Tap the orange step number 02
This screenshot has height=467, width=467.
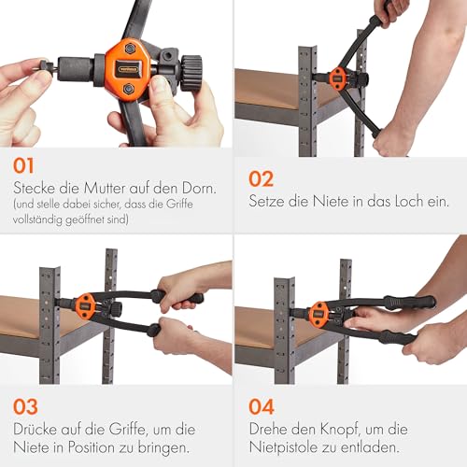pyautogui.click(x=262, y=177)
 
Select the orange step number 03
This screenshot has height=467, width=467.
pyautogui.click(x=28, y=407)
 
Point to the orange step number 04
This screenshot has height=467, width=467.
pyautogui.click(x=263, y=407)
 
